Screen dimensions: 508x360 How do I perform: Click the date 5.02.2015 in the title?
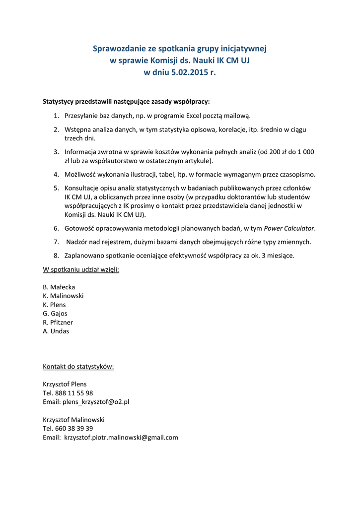tap(187, 72)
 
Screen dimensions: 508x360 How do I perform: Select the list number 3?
tap(56, 152)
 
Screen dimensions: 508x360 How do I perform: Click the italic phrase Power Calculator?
tap(289, 228)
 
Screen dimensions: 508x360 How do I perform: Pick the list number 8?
tap(56, 255)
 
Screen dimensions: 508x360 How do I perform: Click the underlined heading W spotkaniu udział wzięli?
tap(81, 269)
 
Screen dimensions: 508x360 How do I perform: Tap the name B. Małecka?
tap(59, 287)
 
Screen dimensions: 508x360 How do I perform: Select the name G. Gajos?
tap(55, 314)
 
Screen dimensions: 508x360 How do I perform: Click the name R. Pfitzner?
tap(58, 322)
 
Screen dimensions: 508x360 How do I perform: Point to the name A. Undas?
tap(56, 331)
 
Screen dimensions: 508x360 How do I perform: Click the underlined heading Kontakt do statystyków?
tap(78, 367)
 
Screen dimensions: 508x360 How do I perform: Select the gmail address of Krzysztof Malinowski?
tap(121, 438)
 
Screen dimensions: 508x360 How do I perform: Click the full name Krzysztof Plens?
tap(65, 384)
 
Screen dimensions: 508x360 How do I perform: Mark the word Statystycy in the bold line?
tap(58, 102)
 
